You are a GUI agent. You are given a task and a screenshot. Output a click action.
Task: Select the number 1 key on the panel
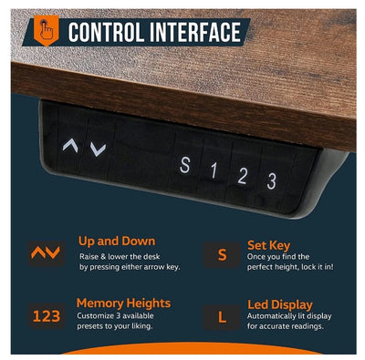(214, 170)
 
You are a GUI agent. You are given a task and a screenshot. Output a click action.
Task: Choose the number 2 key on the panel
(242, 175)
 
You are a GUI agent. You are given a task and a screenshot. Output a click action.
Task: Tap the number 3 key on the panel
(271, 180)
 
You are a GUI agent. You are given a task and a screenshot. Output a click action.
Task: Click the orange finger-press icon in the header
(46, 30)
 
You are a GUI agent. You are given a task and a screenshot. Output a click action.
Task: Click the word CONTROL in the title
(105, 32)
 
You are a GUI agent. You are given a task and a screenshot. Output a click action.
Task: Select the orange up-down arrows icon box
(47, 253)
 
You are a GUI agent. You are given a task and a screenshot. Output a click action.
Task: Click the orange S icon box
(222, 254)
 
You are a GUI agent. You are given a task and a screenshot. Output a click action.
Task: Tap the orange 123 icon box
(47, 316)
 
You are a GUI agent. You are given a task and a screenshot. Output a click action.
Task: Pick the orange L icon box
(222, 317)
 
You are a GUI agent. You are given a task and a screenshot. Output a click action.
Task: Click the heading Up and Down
(117, 242)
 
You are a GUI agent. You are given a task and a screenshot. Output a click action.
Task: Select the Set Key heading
(269, 245)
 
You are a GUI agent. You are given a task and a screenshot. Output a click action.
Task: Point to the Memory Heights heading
(123, 303)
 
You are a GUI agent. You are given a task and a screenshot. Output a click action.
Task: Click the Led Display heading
(280, 304)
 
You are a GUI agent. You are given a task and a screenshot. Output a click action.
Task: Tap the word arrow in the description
(154, 267)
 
